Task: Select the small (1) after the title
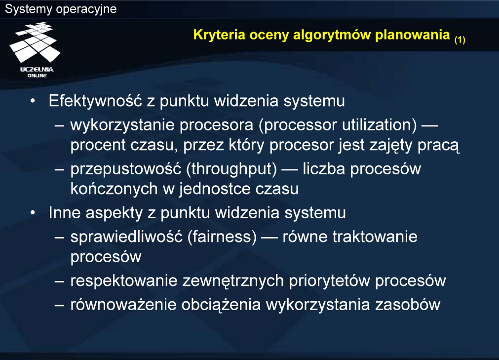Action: [460, 40]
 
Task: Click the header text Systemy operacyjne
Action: [61, 9]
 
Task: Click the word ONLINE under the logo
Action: [37, 76]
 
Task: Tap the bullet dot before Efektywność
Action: [33, 101]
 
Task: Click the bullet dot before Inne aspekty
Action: [33, 213]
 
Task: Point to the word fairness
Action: [222, 237]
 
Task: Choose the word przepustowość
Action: [126, 169]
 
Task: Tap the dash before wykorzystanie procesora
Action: [59, 125]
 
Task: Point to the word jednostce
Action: [215, 189]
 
